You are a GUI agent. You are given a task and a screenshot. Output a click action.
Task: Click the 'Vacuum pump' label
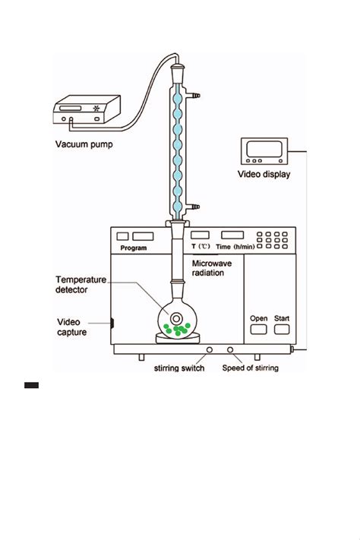(84, 144)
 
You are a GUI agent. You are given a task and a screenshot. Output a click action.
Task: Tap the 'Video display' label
(264, 174)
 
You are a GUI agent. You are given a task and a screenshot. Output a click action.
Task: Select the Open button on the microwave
(258, 329)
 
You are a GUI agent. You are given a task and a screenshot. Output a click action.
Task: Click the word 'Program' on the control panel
(134, 248)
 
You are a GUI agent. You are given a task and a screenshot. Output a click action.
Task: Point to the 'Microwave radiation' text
(212, 268)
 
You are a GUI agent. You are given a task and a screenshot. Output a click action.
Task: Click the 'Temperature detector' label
(81, 285)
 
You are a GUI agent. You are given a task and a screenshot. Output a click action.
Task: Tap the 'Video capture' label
(71, 327)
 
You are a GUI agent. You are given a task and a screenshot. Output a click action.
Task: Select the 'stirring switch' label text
(179, 368)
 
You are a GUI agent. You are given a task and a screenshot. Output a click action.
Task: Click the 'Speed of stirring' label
(251, 368)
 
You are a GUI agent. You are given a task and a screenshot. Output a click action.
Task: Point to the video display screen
(264, 148)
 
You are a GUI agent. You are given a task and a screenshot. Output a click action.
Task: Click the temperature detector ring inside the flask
(176, 319)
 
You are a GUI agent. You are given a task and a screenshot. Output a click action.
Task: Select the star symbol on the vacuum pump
(96, 108)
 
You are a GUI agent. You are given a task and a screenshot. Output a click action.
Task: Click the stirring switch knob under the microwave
(209, 350)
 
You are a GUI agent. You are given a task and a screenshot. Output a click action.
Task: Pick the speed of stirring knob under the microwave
(230, 350)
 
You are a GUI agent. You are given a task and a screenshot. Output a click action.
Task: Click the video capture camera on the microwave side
(112, 323)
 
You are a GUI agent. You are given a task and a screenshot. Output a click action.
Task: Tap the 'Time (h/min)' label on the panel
(235, 247)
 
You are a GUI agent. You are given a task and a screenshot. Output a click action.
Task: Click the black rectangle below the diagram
(31, 385)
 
